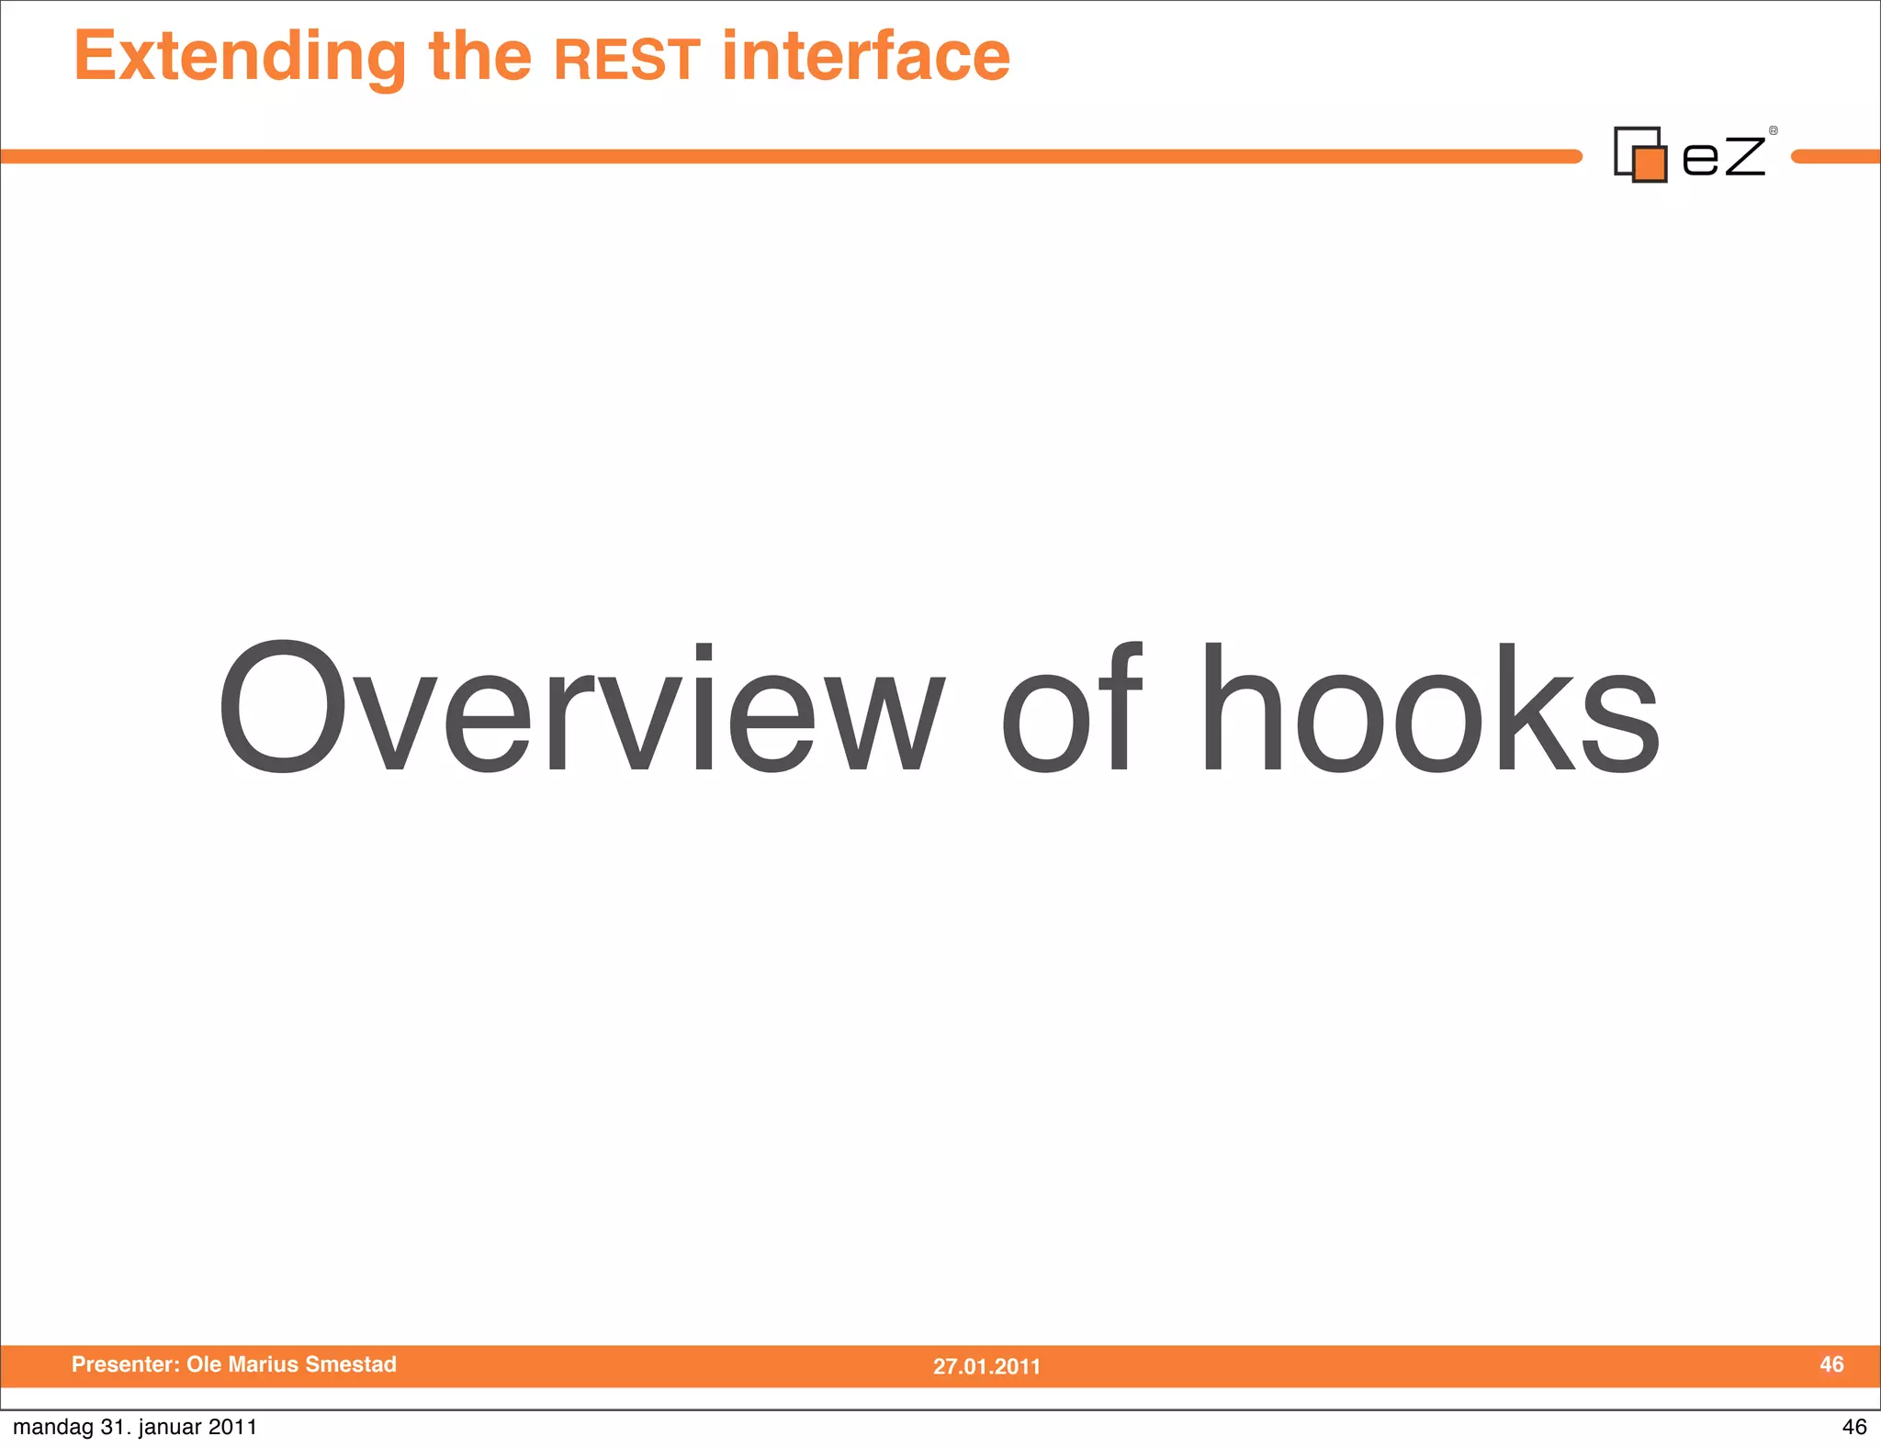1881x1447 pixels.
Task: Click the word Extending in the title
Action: pyautogui.click(x=240, y=57)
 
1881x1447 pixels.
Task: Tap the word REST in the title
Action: pyautogui.click(x=627, y=60)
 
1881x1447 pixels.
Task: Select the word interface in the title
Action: pyautogui.click(x=866, y=57)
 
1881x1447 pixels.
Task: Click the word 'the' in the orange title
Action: pyautogui.click(x=480, y=57)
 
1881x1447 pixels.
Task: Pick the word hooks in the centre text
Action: pyautogui.click(x=1429, y=707)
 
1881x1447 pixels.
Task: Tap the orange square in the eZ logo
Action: pyautogui.click(x=1650, y=164)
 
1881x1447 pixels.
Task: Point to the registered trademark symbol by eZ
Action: pyautogui.click(x=1773, y=131)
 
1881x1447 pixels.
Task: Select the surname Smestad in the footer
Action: pyautogui.click(x=351, y=1364)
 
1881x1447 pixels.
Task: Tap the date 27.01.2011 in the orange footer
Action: pyautogui.click(x=986, y=1366)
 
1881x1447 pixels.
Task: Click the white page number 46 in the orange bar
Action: pyautogui.click(x=1831, y=1364)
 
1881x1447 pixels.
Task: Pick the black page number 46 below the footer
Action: pyautogui.click(x=1853, y=1427)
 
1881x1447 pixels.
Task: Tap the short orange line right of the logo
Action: pyautogui.click(x=1836, y=157)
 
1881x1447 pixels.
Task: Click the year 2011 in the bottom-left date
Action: pyautogui.click(x=232, y=1427)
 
